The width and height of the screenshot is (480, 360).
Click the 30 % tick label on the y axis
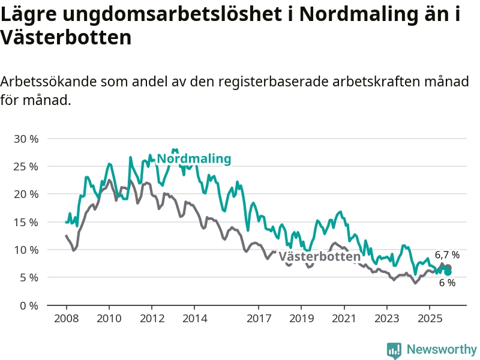click(x=26, y=139)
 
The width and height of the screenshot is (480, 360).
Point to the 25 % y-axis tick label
click(x=26, y=166)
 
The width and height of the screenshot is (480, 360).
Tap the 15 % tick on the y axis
click(x=26, y=222)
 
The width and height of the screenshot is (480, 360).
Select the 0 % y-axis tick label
click(x=29, y=305)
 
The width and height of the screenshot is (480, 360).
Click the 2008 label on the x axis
click(x=66, y=318)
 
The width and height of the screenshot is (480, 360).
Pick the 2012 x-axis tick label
click(x=151, y=318)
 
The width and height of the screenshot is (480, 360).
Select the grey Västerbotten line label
click(x=319, y=257)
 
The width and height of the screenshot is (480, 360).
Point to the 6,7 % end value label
click(x=447, y=255)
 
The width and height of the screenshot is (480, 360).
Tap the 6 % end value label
click(x=447, y=283)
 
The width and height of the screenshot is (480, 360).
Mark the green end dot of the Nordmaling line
click(x=448, y=272)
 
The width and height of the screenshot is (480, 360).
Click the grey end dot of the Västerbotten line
click(x=448, y=268)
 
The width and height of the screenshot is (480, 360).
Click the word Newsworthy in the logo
click(x=442, y=349)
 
